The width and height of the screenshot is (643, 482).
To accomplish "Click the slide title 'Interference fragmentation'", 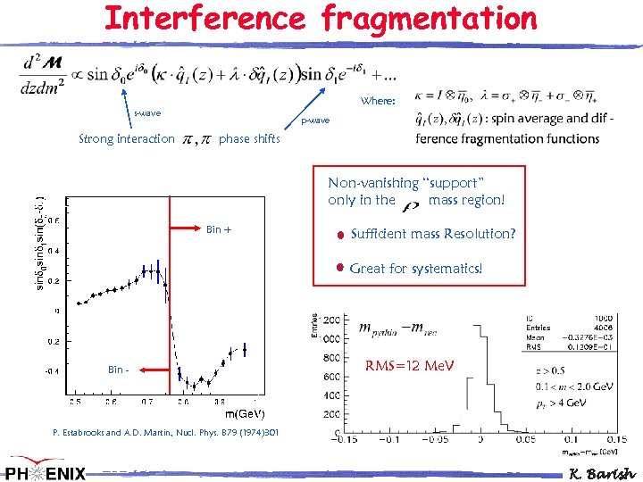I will point(321,18).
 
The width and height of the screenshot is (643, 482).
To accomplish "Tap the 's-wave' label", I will point(147,113).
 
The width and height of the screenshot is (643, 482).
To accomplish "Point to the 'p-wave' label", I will point(314,120).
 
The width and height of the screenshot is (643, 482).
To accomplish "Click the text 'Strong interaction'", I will point(127,139).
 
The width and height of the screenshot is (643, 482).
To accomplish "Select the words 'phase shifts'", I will point(249,139).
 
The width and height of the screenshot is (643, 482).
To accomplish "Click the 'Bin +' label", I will point(219,230).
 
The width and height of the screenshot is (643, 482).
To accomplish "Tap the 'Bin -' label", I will point(116,370).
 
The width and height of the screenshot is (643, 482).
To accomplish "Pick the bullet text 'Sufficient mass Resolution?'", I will point(433,235).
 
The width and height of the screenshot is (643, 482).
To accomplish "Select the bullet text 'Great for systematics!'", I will point(416,268).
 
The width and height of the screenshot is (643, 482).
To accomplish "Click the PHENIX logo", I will point(45,470).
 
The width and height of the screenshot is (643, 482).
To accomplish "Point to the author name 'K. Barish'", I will point(603,472).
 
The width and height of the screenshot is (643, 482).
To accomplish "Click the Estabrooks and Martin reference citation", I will point(165,433).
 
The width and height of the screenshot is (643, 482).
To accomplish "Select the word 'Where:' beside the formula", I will point(378,101).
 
